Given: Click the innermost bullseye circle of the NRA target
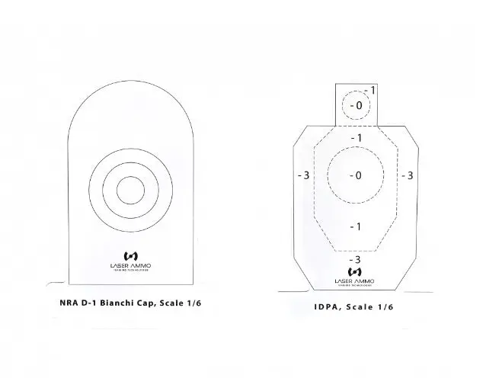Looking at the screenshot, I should tap(129, 191).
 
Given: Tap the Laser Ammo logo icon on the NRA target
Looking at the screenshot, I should tap(129, 256).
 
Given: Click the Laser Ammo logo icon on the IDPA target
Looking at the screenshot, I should tap(354, 271).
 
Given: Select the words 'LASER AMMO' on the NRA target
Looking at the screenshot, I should tap(129, 265).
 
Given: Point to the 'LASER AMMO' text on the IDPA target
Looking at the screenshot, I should tap(354, 281).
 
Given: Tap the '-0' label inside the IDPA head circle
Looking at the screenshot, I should tap(354, 105).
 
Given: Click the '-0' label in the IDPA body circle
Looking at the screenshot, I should tap(354, 175).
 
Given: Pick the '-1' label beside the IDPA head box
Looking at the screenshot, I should tap(369, 90).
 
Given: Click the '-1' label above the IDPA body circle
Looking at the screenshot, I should tap(354, 137).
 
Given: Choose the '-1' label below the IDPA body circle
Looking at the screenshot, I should tap(354, 226).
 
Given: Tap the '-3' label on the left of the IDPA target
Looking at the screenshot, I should tap(302, 175).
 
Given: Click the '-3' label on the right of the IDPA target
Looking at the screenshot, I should tap(407, 175).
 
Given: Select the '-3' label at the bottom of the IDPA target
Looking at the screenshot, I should tap(354, 260).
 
